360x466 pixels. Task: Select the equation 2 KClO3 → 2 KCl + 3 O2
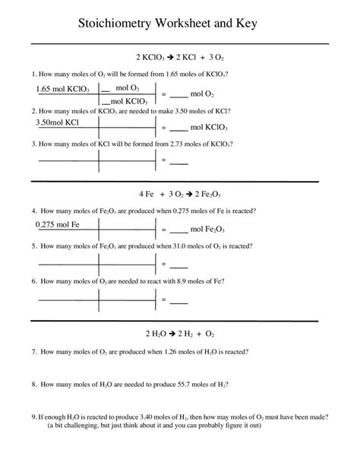coord(179,57)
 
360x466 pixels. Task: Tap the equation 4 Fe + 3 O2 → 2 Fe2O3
coord(180,193)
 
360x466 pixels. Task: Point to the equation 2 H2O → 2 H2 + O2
coord(180,333)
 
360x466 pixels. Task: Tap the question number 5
coord(33,246)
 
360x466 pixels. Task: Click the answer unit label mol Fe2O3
coord(207,229)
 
